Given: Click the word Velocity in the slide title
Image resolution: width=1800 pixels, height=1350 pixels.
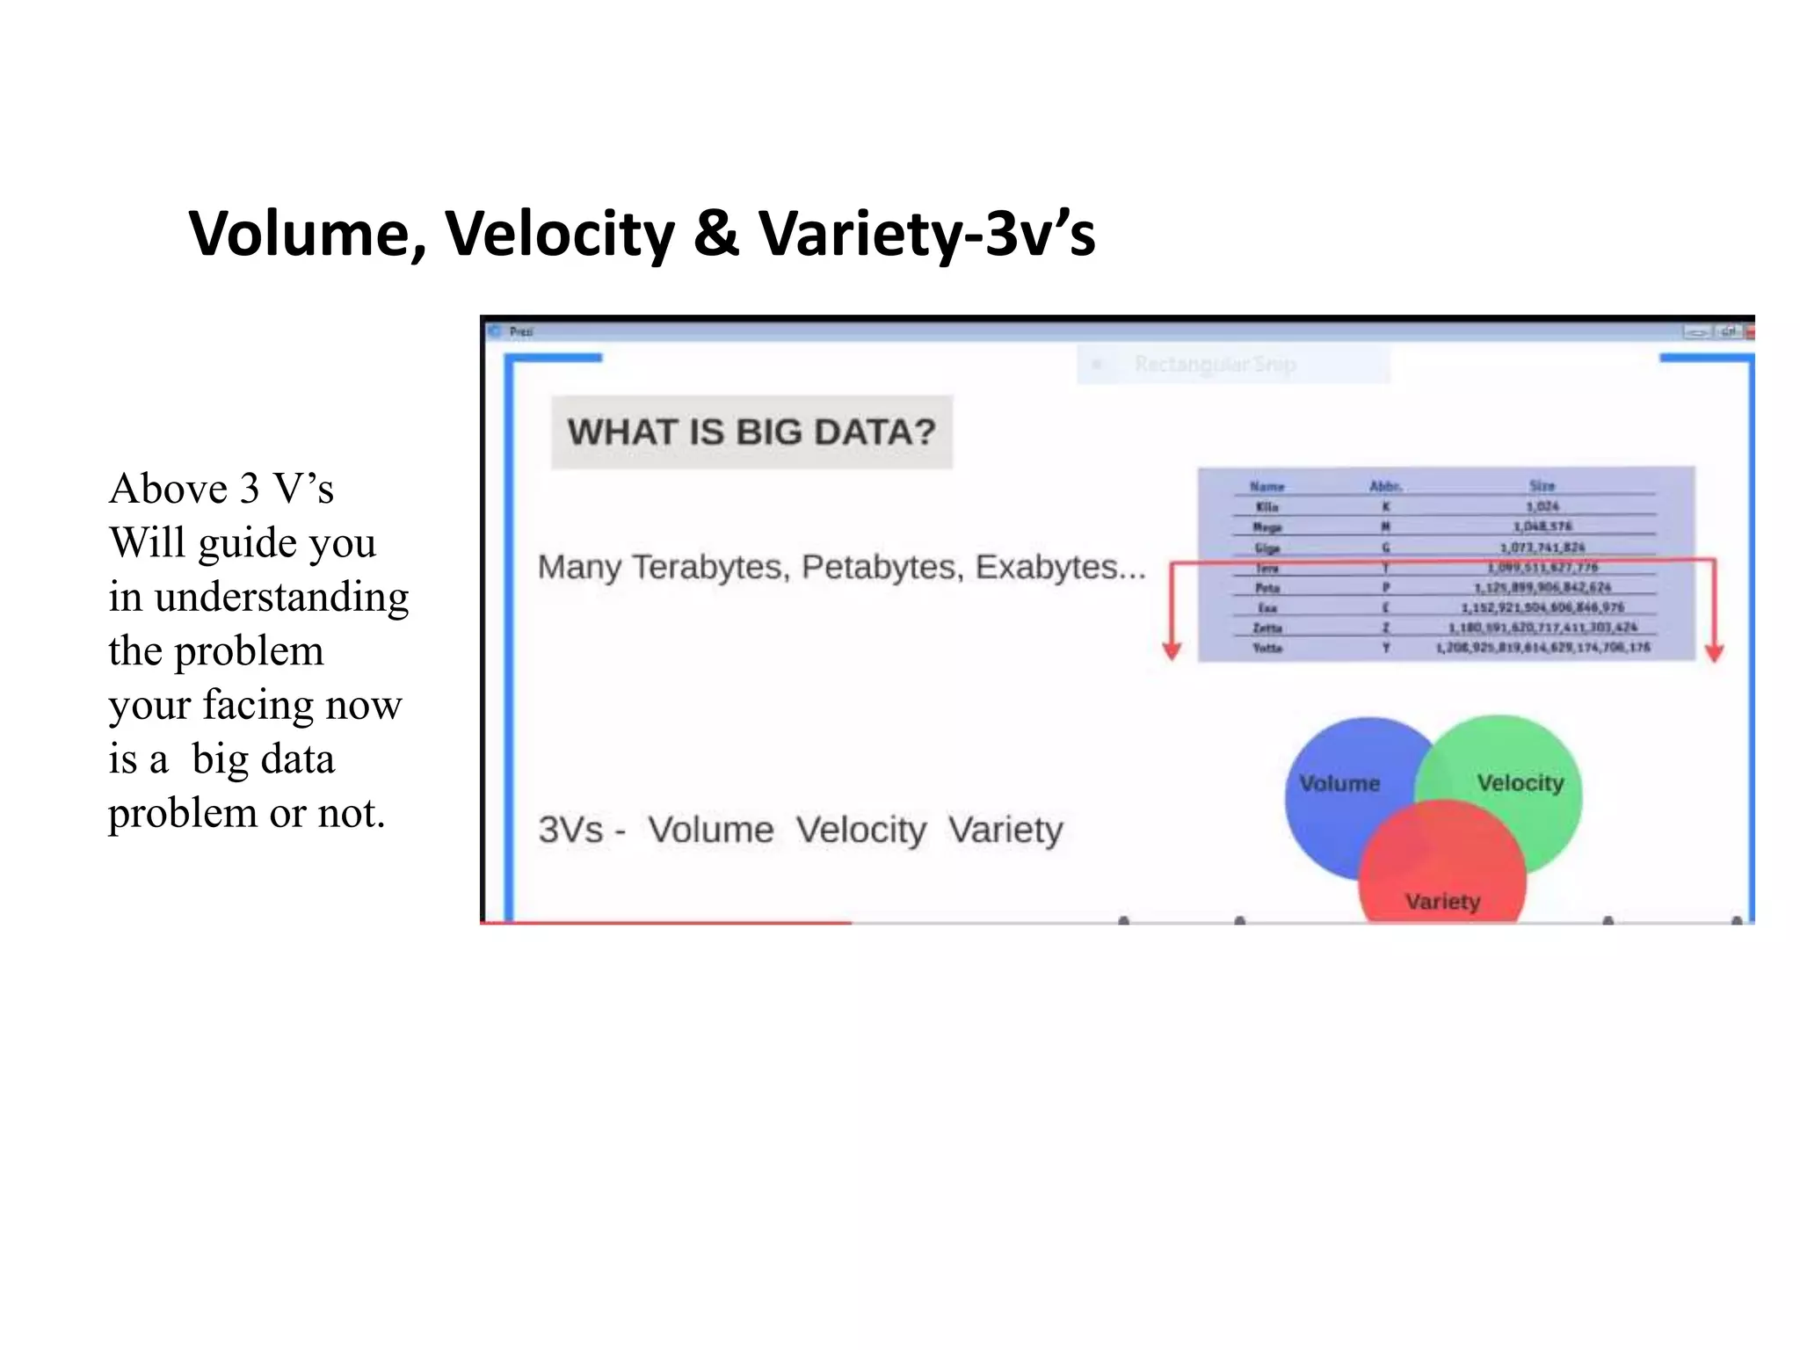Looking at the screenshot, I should [559, 234].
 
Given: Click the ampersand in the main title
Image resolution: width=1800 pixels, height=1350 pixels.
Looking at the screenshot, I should [715, 234].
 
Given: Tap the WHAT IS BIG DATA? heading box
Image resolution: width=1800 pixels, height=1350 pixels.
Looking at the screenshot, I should [751, 432].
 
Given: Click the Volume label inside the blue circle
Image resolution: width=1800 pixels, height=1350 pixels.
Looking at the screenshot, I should [1339, 783].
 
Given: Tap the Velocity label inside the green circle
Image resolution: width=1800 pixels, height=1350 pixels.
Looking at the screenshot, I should [1520, 782].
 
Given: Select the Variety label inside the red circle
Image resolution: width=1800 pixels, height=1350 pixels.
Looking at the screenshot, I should [1442, 901].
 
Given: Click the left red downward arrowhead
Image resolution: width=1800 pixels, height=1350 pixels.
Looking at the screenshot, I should [1172, 651].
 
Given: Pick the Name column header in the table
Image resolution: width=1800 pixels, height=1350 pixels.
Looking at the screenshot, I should [1267, 486].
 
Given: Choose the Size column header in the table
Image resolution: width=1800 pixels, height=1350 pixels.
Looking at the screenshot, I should [1542, 485].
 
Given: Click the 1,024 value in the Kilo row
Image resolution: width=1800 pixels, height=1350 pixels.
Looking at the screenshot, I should [1542, 506].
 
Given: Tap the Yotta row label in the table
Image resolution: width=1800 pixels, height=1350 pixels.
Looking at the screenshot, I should [1267, 648].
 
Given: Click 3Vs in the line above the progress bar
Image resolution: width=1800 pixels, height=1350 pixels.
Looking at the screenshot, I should [570, 830].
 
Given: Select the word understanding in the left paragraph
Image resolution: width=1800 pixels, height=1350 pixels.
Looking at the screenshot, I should [281, 598].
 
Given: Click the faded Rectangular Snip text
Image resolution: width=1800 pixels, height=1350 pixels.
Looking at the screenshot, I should [1215, 364].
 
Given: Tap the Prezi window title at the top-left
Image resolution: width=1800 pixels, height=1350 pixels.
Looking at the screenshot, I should [521, 331].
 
